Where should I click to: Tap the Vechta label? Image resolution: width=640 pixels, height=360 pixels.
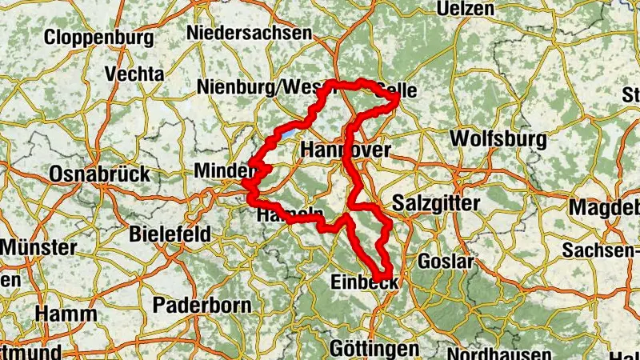(134, 74)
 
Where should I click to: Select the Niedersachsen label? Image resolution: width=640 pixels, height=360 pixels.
(248, 33)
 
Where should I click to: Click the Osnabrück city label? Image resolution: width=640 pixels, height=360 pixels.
(99, 174)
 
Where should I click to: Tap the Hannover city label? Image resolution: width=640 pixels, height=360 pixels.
(346, 150)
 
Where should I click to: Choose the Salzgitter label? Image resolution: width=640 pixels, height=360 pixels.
(437, 203)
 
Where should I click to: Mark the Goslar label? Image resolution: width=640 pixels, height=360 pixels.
(446, 262)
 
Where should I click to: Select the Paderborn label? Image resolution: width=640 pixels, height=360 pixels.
(202, 305)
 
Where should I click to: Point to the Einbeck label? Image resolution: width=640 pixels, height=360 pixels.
(364, 282)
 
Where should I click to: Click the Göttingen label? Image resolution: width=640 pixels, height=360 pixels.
(374, 349)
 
